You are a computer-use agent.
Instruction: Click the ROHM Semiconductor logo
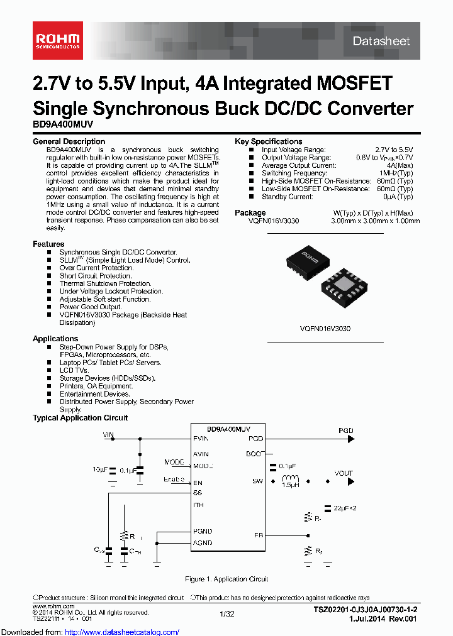coord(57,41)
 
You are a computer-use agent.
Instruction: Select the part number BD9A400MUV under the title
coord(63,125)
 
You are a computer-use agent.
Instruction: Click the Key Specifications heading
coord(268,141)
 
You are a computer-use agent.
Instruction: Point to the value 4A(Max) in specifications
coord(398,165)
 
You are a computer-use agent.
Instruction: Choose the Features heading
coord(48,244)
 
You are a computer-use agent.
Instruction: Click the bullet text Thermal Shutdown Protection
coord(105,283)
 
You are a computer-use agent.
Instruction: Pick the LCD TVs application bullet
coord(74,370)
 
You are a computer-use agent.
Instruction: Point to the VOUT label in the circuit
coord(344,473)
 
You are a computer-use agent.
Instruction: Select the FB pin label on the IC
coord(259,535)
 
